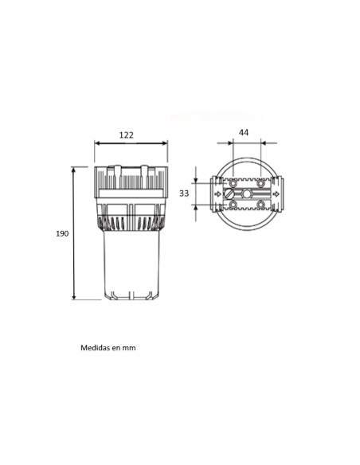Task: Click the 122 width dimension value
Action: (127, 135)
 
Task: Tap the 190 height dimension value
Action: (62, 233)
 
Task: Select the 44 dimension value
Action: (244, 132)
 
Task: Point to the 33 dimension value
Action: (184, 193)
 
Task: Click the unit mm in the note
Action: (129, 348)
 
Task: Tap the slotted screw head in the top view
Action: (229, 194)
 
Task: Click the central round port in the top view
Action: (246, 194)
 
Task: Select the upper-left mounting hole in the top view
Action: (233, 184)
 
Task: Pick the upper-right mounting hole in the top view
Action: (260, 184)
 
